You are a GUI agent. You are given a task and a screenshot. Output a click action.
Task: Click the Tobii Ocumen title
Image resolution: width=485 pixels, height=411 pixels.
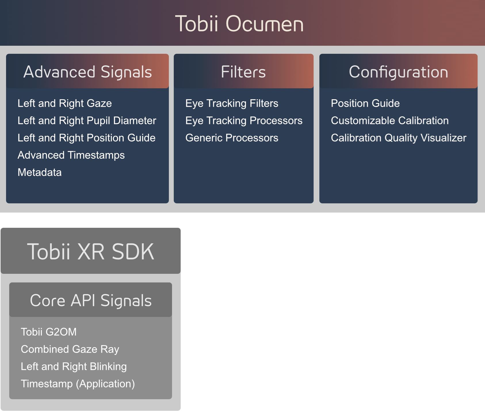(x=239, y=24)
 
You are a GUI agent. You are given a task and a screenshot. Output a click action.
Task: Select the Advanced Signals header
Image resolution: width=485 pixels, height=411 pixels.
(x=87, y=72)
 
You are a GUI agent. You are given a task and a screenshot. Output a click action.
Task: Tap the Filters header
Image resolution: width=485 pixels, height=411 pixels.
(x=243, y=72)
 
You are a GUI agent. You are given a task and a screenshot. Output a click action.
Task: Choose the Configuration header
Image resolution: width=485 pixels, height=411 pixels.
(x=398, y=72)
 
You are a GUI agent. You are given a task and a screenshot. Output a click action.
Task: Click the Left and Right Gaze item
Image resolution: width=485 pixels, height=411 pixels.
(x=65, y=103)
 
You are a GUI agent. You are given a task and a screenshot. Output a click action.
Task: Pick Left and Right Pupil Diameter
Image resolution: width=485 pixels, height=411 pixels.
(x=87, y=121)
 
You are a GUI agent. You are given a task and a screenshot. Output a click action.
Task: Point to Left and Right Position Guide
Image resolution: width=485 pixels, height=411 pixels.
(x=87, y=138)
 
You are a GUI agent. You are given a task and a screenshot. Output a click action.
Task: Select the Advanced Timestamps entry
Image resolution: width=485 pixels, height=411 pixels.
(x=71, y=155)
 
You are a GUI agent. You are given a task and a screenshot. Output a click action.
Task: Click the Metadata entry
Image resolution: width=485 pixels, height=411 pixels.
(x=40, y=172)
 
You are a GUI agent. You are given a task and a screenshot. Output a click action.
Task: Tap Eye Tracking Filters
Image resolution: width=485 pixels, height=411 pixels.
(x=232, y=103)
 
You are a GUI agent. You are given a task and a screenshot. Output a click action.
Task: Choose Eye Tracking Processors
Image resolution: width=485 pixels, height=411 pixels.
(x=244, y=121)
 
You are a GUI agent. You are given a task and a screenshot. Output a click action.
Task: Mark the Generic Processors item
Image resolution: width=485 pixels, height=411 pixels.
(x=232, y=138)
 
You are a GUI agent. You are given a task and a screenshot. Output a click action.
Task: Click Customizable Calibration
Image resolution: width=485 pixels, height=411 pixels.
(x=390, y=121)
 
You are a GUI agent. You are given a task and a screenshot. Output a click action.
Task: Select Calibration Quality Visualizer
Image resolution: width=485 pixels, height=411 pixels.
(x=399, y=138)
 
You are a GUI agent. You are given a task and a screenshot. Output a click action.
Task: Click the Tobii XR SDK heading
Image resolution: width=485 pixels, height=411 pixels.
(x=91, y=251)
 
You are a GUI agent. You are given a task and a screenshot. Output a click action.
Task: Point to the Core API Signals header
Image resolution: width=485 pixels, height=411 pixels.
(x=91, y=300)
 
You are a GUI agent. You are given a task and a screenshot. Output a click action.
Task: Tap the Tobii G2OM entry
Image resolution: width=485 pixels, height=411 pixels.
(x=49, y=332)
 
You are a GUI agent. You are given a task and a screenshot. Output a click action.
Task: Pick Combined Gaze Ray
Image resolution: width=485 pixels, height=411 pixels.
(x=70, y=349)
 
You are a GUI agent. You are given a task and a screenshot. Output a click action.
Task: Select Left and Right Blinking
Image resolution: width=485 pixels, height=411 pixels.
(x=74, y=366)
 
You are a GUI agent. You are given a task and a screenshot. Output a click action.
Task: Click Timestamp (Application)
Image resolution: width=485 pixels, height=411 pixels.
(x=78, y=384)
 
